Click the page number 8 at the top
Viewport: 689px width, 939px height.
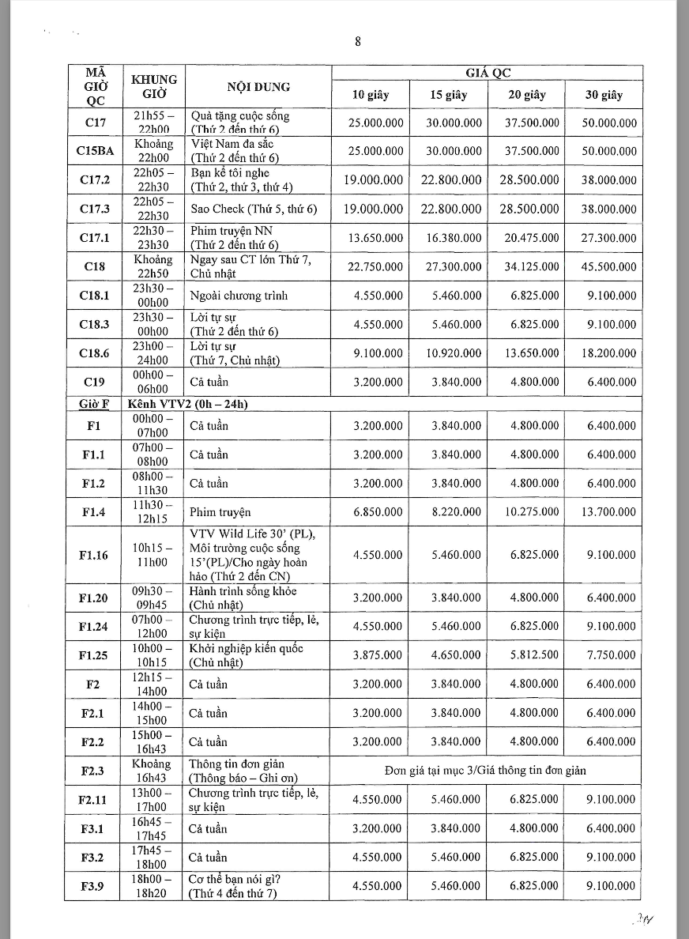click(x=358, y=43)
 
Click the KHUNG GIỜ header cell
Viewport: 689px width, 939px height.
click(x=153, y=87)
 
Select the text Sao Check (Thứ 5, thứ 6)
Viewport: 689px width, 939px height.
click(x=254, y=209)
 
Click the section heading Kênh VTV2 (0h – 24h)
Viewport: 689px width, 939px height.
click(x=188, y=404)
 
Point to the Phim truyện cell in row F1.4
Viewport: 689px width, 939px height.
click(x=214, y=512)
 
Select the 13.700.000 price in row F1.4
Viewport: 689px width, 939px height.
click(x=611, y=512)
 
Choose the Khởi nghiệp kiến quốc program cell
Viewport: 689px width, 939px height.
click(x=246, y=655)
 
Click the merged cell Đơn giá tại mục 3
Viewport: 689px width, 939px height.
click(x=486, y=771)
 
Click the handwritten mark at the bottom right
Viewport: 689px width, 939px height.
click(x=645, y=920)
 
